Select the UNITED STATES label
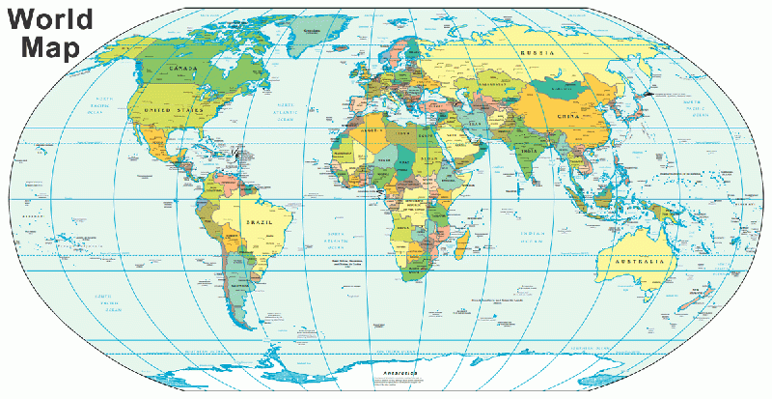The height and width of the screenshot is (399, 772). pyautogui.click(x=173, y=111)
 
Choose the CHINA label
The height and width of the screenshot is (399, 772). pyautogui.click(x=567, y=116)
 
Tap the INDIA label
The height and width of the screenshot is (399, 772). pyautogui.click(x=530, y=151)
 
